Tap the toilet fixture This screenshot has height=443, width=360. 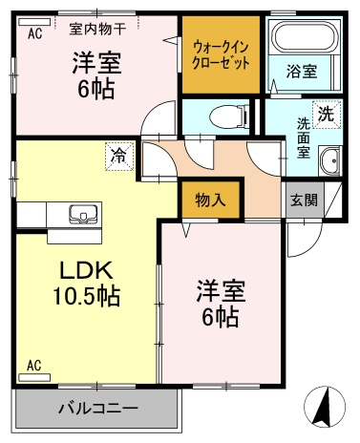[x=230, y=116]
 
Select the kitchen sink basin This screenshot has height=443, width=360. [x=83, y=213]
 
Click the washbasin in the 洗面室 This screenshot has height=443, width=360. [x=329, y=161]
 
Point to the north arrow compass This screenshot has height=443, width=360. [x=325, y=407]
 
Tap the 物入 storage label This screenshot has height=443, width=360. [x=210, y=200]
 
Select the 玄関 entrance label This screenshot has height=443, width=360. [x=304, y=200]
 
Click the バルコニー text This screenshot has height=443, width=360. [x=98, y=408]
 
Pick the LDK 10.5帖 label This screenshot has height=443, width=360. [x=87, y=284]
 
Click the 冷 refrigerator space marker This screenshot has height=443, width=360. [x=118, y=157]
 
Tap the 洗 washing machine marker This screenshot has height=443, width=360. [x=327, y=115]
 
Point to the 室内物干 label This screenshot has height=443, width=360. [x=97, y=30]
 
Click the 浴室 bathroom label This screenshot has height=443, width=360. [x=302, y=71]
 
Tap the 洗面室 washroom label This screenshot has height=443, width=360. [x=304, y=137]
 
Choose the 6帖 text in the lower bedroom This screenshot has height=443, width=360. [x=221, y=317]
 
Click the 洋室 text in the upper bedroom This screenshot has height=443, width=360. [x=96, y=63]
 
